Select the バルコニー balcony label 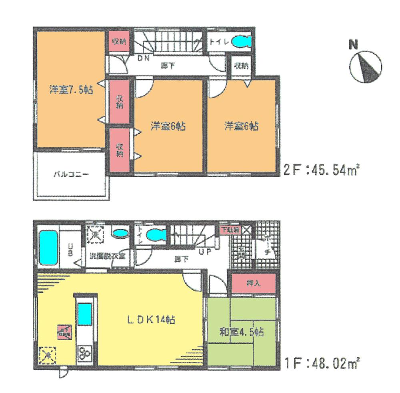tap(72, 175)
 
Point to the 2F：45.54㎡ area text tap(320, 171)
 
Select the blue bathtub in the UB tap(48, 247)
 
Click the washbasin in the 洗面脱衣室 tap(119, 233)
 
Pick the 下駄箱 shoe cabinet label tap(231, 230)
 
